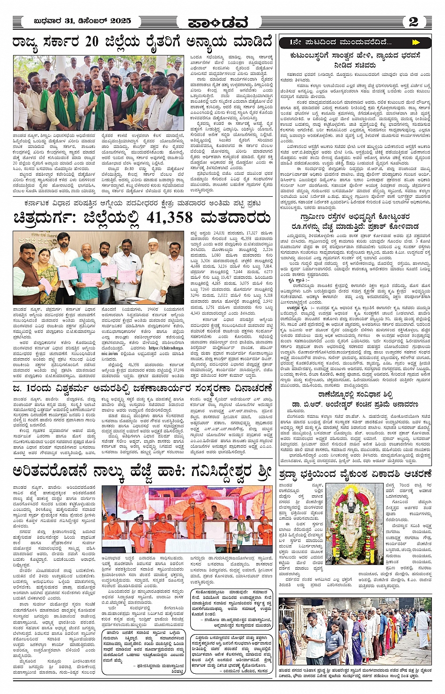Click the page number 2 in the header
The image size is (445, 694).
[413, 22]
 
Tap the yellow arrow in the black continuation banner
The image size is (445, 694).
[415, 42]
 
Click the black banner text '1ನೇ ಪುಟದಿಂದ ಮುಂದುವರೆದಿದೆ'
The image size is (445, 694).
[334, 42]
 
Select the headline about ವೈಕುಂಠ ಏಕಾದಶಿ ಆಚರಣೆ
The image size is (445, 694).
[356, 473]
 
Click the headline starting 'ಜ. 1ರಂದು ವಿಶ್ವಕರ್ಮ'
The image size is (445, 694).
[143, 388]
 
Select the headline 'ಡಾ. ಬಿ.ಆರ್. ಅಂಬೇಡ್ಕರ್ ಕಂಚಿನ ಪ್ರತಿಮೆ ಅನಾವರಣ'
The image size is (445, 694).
[355, 404]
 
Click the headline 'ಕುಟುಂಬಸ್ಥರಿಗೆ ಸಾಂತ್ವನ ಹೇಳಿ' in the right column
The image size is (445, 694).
[355, 56]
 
